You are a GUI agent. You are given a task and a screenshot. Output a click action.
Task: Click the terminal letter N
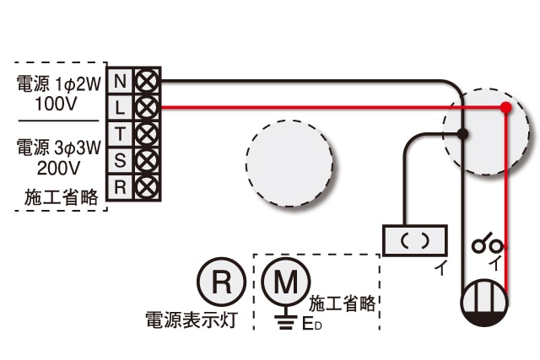120,81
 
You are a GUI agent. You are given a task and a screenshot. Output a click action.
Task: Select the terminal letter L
119,108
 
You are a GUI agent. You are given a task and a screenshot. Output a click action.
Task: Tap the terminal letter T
120,134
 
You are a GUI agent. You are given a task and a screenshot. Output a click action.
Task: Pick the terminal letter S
120,160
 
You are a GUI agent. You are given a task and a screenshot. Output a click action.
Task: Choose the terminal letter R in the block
120,187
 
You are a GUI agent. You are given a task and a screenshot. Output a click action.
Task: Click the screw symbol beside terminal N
147,81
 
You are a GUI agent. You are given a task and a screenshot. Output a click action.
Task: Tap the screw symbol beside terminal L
147,108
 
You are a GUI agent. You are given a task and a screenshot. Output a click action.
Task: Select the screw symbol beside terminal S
147,161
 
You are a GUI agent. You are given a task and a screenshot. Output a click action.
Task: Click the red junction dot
505,108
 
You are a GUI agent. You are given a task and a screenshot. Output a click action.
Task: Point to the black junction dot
463,133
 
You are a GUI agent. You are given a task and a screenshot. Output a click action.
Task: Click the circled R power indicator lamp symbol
221,282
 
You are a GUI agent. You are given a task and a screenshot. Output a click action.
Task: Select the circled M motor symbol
285,282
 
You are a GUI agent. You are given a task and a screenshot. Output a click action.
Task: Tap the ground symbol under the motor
285,320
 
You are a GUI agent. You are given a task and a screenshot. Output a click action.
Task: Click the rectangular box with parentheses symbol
415,240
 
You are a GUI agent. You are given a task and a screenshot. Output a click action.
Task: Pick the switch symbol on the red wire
488,244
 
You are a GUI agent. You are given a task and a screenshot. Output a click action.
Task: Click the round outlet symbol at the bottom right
484,303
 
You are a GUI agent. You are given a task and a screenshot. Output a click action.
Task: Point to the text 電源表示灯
192,320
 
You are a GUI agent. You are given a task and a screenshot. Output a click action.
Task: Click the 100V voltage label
57,104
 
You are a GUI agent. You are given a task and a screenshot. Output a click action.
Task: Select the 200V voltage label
58,168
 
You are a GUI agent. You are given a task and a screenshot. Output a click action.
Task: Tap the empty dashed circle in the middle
289,164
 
